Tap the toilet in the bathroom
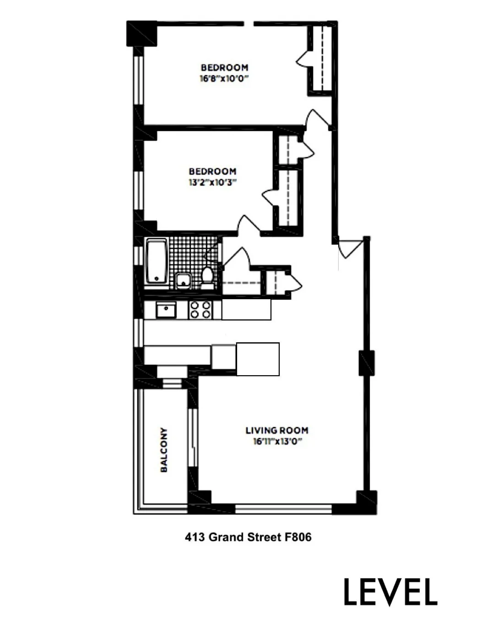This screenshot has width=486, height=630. coord(207,277)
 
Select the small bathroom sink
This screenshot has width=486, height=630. coord(184,280)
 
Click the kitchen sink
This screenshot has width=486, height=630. coord(166,310)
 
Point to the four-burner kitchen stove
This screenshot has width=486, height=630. coord(200,310)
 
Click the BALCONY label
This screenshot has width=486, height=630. coord(164,450)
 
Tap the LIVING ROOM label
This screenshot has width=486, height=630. coord(277,430)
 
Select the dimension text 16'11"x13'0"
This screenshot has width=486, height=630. coord(278,442)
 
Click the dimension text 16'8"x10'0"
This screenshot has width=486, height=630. coord(224,78)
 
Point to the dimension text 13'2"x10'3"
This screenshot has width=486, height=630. coord(212,182)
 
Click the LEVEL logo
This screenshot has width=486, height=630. coord(390,592)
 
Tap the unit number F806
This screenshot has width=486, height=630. coord(298,537)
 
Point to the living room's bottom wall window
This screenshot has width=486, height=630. coord(283,508)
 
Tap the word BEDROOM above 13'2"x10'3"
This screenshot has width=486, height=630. coord(212,171)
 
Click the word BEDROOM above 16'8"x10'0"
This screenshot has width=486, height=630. coord(224,68)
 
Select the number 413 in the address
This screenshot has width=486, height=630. coord(194,537)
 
